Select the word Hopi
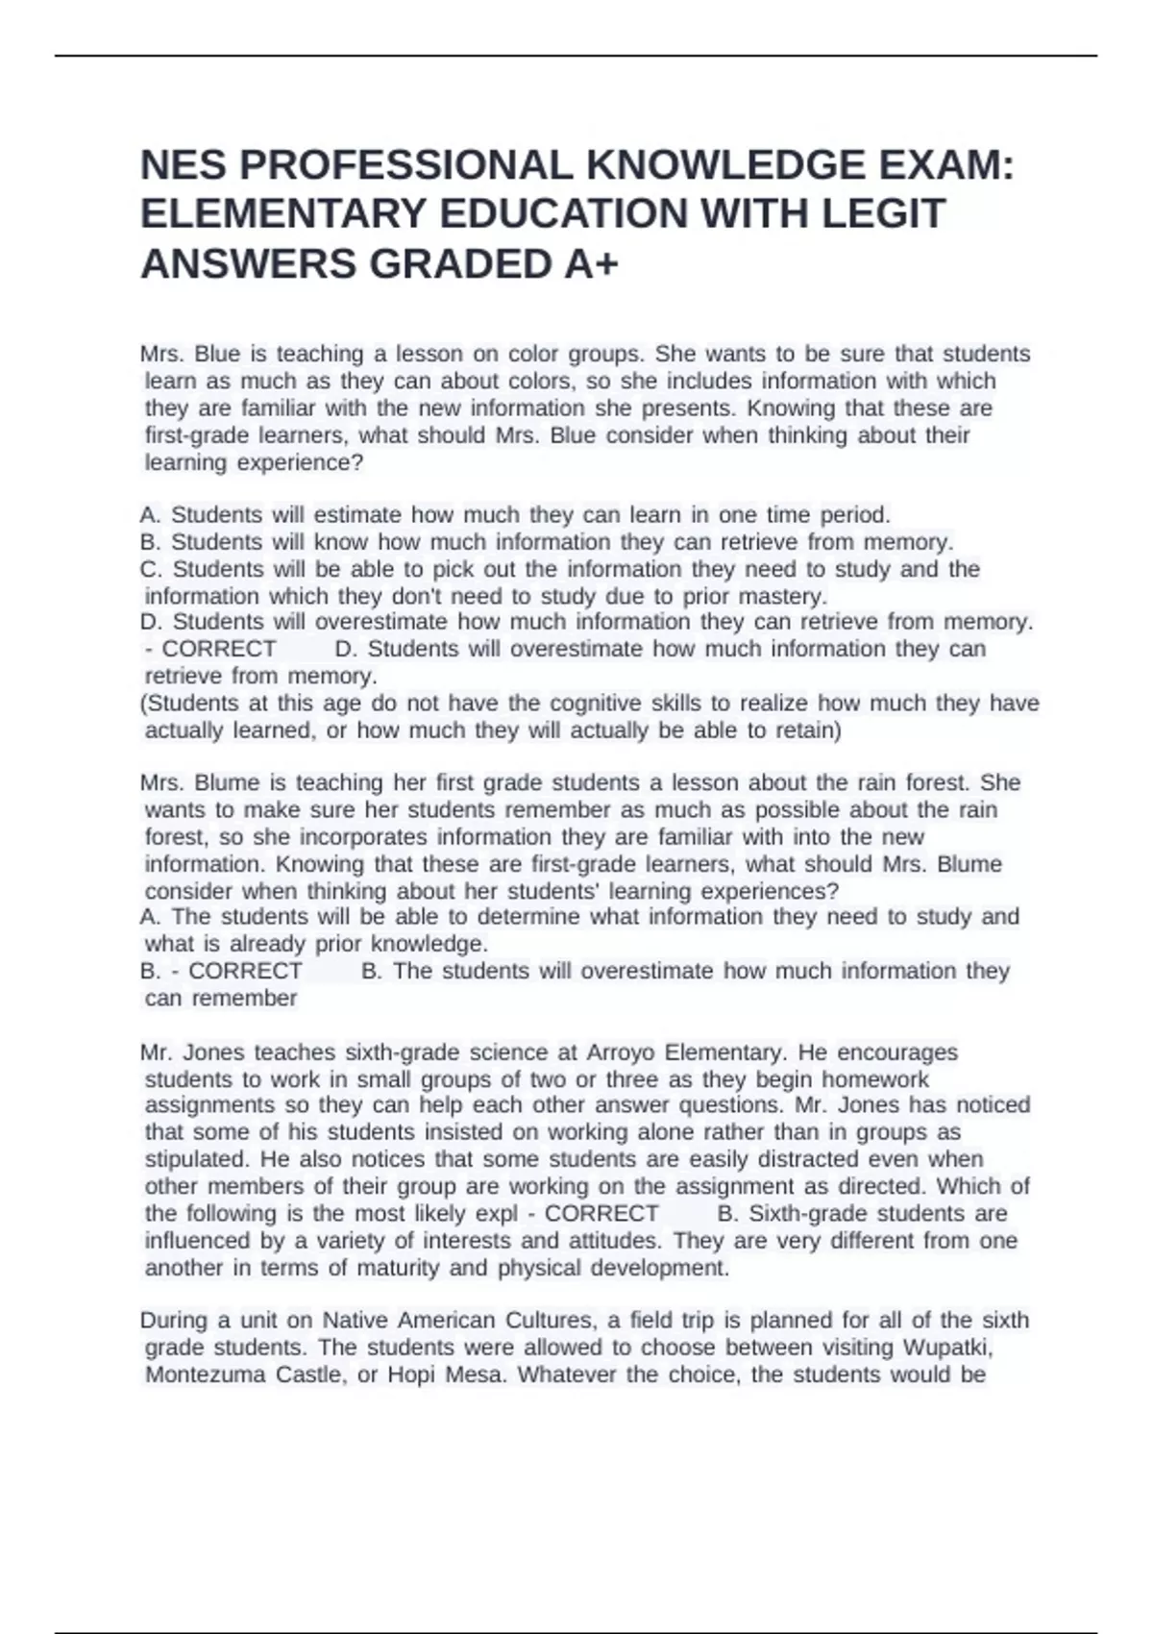tap(412, 1374)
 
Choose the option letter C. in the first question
tap(152, 569)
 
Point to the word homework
tap(875, 1079)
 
